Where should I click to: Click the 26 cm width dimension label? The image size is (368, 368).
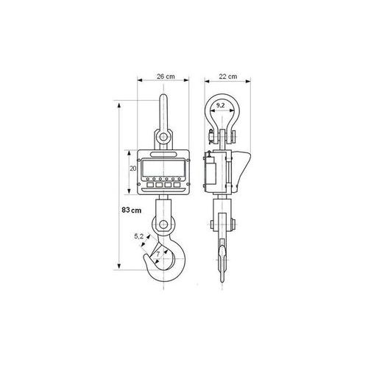[166, 77]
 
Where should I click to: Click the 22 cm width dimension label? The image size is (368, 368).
[228, 77]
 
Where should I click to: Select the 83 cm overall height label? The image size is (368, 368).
[132, 210]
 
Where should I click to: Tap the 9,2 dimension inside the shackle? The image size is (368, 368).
[220, 105]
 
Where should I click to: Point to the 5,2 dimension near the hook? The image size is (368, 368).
[138, 236]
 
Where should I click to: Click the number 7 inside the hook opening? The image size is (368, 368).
[158, 254]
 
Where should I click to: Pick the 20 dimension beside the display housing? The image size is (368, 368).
[132, 169]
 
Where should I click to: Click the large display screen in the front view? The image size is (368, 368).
[163, 168]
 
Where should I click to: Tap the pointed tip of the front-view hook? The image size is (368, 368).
[146, 255]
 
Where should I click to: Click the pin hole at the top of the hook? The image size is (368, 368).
[163, 224]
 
